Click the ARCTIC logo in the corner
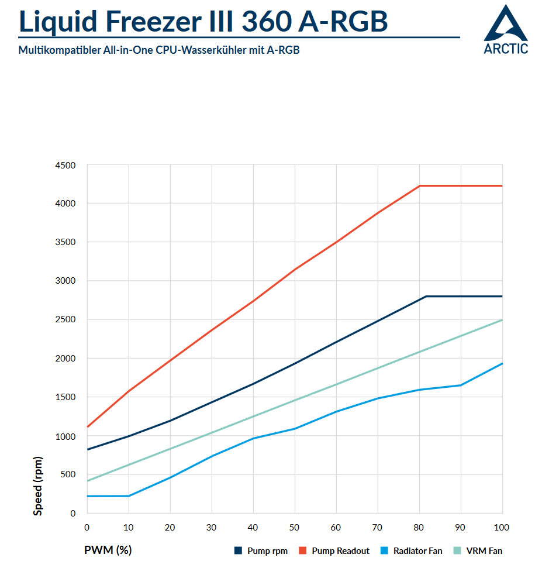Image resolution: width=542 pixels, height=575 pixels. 506,29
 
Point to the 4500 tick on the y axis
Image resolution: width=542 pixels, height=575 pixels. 65,166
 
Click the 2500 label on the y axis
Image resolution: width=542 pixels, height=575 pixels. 65,320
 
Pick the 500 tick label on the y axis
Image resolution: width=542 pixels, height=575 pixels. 68,474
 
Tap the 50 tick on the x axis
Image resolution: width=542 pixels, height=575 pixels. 295,528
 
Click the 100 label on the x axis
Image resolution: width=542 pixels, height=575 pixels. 502,528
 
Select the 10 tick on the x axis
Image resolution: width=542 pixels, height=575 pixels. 128,528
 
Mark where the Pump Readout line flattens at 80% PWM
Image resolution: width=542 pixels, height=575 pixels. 420,186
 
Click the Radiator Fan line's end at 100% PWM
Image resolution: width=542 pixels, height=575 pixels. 502,364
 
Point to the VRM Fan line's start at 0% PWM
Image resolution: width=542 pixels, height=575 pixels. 87,481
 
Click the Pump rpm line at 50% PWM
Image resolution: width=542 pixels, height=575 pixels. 295,363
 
